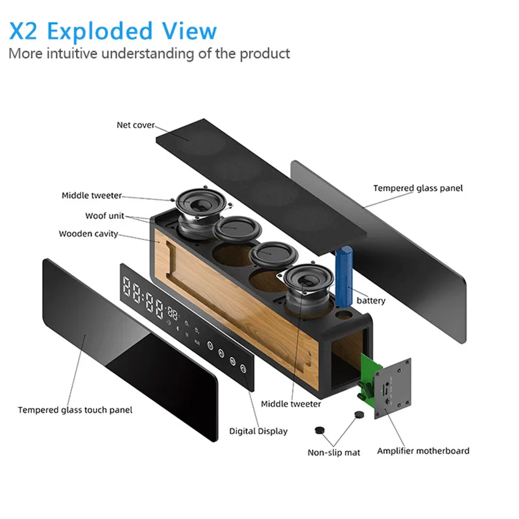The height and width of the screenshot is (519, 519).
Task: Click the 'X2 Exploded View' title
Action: coord(113,30)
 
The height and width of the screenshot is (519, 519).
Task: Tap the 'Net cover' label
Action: coord(136,125)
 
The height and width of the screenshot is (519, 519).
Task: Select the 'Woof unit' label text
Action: coord(104,216)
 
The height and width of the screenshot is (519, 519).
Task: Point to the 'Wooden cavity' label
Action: coord(88,234)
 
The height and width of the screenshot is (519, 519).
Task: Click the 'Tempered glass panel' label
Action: coord(418,188)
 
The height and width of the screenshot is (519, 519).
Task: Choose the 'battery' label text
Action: coord(371,300)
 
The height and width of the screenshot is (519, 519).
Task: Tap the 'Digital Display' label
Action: coord(258,431)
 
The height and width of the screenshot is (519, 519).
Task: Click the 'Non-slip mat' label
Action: coord(333,452)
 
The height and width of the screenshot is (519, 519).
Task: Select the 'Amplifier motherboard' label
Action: coord(423,451)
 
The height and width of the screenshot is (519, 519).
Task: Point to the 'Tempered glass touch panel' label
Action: coord(75,410)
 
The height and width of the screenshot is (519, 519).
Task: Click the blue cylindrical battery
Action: coord(344,276)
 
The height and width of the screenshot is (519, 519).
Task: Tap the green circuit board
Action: coord(368,376)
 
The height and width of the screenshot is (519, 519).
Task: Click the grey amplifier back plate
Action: coord(393,389)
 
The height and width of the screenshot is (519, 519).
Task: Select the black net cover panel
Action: coord(261,187)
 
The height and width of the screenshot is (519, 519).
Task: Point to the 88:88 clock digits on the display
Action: coord(143,298)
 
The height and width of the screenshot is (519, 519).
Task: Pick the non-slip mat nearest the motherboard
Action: coord(359,415)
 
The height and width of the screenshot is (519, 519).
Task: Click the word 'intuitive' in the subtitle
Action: coord(72,53)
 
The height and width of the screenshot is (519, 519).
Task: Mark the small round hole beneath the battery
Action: coord(344,314)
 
